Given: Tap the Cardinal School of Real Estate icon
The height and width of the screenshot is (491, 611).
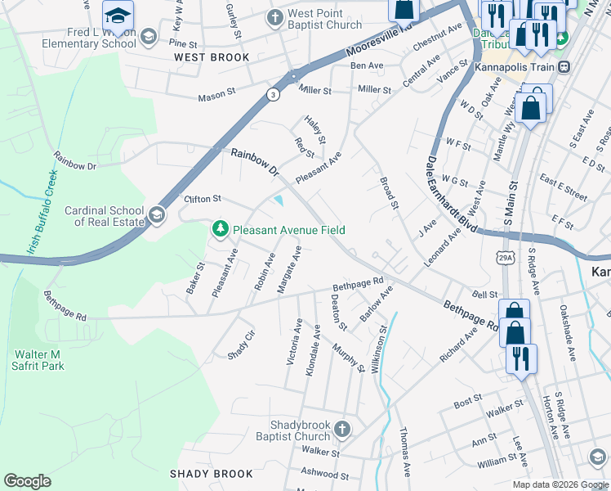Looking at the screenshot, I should tap(157, 215).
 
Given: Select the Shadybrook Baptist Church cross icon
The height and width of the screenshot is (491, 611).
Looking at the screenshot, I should tap(343, 429).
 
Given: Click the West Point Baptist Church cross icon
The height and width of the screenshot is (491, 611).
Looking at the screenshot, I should tap(276, 17).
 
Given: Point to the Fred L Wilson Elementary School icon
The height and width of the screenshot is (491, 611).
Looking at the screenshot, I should tap(148, 36).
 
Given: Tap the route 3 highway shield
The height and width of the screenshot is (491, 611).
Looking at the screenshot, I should tap(272, 95).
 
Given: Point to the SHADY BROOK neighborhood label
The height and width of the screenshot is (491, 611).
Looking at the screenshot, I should tap(211, 474).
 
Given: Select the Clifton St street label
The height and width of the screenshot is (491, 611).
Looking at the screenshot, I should tap(203, 199).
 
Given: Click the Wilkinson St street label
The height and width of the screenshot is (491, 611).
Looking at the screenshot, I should tap(379, 349).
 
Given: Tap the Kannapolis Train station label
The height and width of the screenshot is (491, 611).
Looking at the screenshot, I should tap(516, 65).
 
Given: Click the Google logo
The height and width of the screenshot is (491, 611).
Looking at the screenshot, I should tap(27, 481).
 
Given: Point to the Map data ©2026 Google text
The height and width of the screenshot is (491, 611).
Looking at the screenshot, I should tap(560, 484).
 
